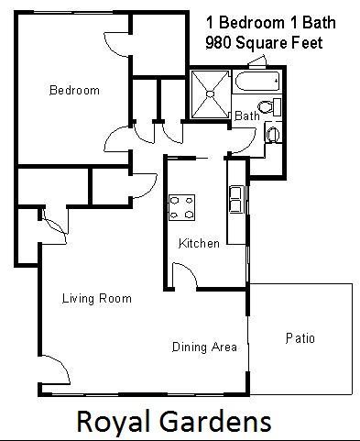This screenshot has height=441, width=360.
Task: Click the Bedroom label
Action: click(x=74, y=91)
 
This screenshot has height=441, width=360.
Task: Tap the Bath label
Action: click(x=247, y=116)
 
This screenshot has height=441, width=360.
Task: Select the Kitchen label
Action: click(x=199, y=244)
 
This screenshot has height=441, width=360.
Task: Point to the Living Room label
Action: click(x=96, y=299)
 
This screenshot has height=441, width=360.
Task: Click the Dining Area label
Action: click(x=205, y=347)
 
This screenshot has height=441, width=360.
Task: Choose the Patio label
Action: click(x=300, y=338)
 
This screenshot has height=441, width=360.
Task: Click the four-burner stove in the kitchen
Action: click(x=180, y=206)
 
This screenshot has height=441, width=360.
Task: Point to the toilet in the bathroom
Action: click(x=267, y=108)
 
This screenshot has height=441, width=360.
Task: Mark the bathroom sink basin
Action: click(x=273, y=135)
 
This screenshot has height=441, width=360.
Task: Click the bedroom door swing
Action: click(x=119, y=139)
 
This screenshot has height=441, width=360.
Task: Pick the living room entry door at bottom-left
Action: click(x=55, y=371)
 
